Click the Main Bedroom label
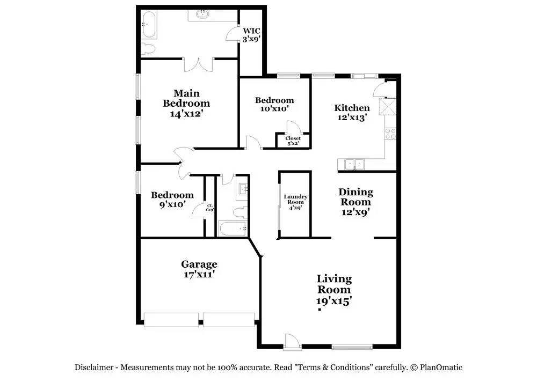tap(186, 103)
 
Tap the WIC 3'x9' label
tap(251, 35)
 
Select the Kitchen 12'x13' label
tap(352, 113)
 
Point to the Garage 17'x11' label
tap(199, 269)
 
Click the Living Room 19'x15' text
tap(334, 290)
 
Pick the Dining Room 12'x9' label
tap(355, 202)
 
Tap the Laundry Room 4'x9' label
tap(295, 202)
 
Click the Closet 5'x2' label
tap(293, 141)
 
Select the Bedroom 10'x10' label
tap(274, 104)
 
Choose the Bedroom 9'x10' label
tap(172, 200)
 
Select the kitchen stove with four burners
tap(390, 134)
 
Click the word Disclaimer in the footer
tap(94, 367)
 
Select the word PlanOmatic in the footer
tap(441, 367)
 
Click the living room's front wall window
tap(352, 347)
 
